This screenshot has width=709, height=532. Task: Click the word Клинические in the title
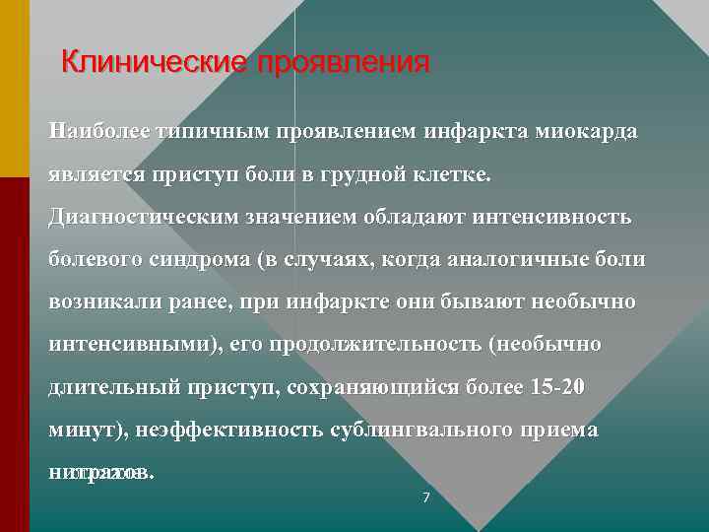click(x=153, y=63)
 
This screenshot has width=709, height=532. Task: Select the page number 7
click(x=425, y=498)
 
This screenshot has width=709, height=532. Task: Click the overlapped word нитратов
click(x=100, y=473)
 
